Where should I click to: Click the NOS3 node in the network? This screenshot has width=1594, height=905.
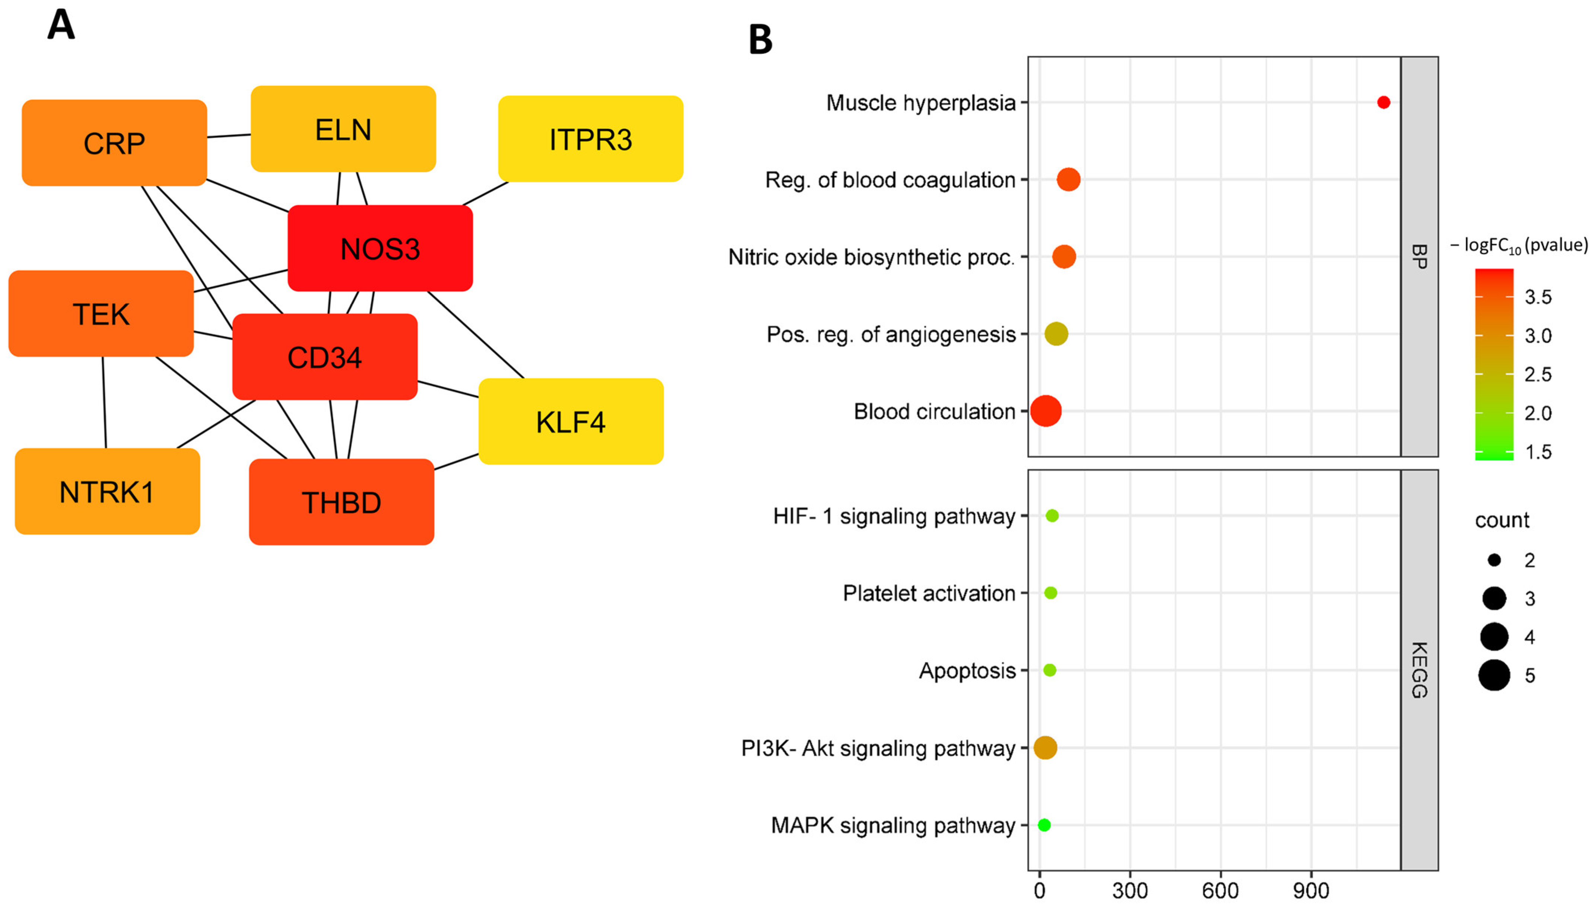pos(380,249)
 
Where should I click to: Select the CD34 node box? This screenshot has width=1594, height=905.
pos(324,357)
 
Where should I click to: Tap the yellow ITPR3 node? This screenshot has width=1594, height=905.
pos(590,139)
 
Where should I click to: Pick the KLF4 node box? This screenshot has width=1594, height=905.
pos(570,421)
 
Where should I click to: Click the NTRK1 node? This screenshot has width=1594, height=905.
pos(107,492)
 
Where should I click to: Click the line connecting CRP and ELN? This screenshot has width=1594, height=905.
pos(229,135)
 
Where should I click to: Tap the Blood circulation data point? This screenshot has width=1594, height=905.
pos(1046,411)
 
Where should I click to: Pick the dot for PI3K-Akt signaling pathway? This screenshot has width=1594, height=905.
pos(1045,747)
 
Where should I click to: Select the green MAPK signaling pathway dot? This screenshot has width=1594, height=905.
pos(1044,825)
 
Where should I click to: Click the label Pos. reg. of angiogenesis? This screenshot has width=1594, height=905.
pos(891,334)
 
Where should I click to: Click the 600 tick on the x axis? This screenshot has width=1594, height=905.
pos(1220,890)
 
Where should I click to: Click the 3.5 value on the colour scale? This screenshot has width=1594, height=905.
pos(1538,297)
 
